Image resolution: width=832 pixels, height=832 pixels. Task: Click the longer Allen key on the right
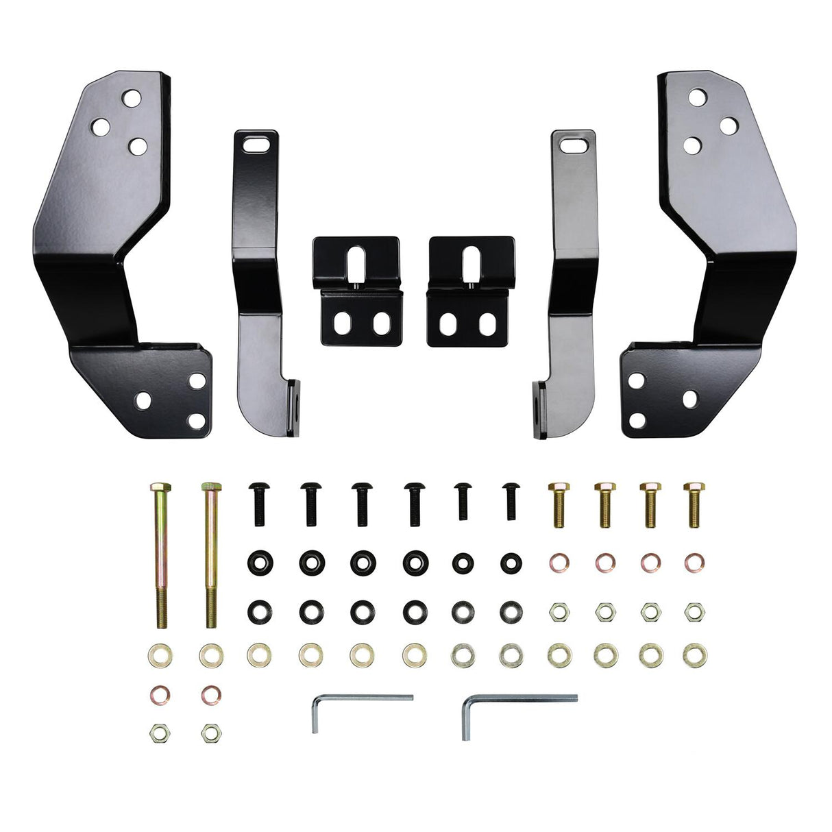tap(521, 700)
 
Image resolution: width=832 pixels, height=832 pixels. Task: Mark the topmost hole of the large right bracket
tap(698, 97)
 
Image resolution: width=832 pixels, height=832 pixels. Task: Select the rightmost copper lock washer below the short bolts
tap(695, 563)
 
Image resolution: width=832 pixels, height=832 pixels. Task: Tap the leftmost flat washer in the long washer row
tap(160, 655)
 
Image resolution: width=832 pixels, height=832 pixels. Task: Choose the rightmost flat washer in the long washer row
tap(695, 655)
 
